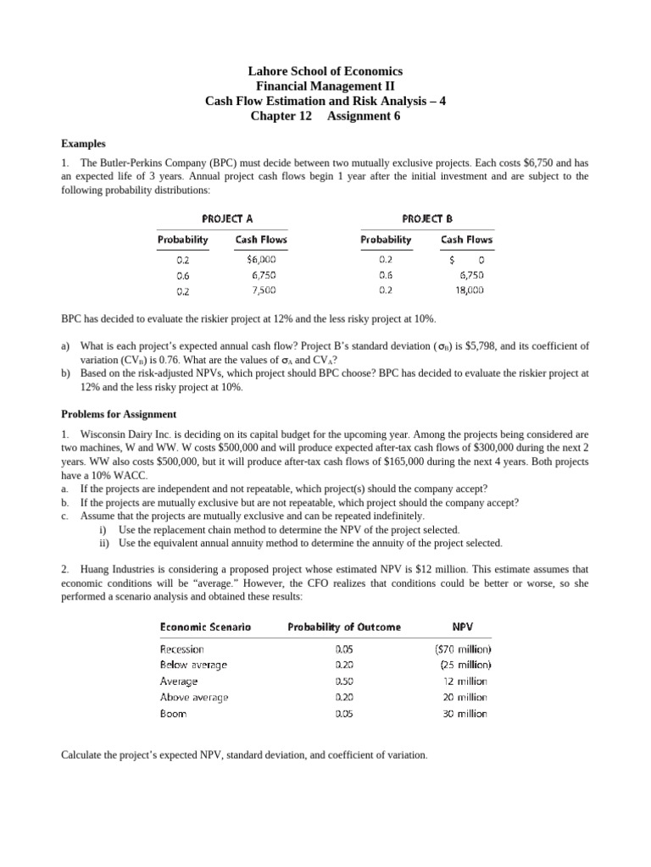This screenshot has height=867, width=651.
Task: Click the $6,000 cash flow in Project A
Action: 261,261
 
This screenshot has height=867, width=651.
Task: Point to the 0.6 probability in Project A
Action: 183,275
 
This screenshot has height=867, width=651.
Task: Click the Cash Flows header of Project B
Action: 466,240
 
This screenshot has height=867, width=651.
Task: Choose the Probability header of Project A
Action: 183,240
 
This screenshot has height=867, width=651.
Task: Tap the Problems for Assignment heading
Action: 119,414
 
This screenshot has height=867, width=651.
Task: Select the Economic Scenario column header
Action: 205,627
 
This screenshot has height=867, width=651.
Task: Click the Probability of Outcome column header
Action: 344,627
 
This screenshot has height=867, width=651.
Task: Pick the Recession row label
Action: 181,649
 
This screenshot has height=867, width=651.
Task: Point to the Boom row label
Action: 173,714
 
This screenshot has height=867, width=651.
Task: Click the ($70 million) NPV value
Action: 463,649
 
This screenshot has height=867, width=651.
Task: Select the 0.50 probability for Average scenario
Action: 344,681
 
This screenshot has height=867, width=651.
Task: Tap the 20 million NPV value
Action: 465,697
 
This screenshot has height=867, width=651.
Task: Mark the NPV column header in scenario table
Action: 463,627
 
